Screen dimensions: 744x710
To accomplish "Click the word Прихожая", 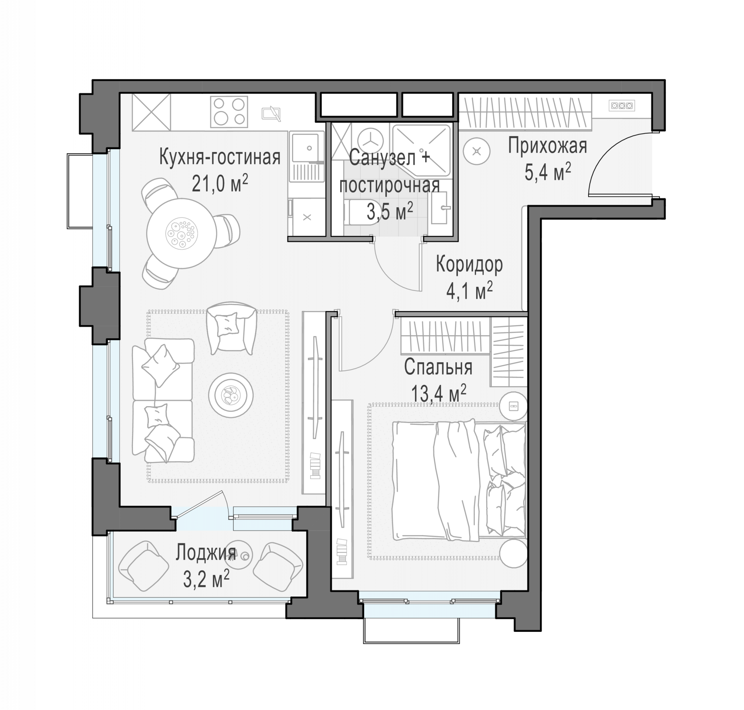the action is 547,146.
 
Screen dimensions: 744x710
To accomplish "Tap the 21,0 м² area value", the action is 220,184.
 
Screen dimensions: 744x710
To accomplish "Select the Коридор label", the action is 469,264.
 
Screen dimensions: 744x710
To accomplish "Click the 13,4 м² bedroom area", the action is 438,394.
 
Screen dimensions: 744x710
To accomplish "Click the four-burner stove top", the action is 229,111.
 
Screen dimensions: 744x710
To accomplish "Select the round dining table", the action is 182,234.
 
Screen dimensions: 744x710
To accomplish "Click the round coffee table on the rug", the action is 231,395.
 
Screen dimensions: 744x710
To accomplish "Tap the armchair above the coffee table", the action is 232,327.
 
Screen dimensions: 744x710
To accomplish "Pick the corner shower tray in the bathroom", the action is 422,150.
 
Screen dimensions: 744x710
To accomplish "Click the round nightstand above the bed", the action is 513,406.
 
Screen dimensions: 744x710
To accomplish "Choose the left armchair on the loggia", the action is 144,566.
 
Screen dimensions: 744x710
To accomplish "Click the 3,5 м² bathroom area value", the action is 390,212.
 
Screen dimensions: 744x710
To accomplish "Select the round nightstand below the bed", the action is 513,553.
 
